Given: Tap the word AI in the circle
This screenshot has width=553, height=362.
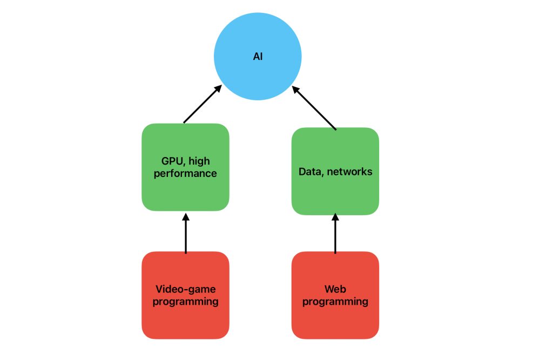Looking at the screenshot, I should (258, 56).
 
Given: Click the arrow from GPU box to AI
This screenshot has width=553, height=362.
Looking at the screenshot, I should (203, 104).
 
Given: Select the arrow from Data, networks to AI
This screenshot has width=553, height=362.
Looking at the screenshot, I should (314, 107).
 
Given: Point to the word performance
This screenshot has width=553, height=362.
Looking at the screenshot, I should (185, 174).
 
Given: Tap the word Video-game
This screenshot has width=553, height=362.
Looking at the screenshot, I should (185, 289).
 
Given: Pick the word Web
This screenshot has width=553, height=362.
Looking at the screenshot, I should (335, 289).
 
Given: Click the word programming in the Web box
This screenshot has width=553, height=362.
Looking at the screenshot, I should (335, 301).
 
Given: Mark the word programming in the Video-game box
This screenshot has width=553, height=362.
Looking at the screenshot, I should (185, 301).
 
